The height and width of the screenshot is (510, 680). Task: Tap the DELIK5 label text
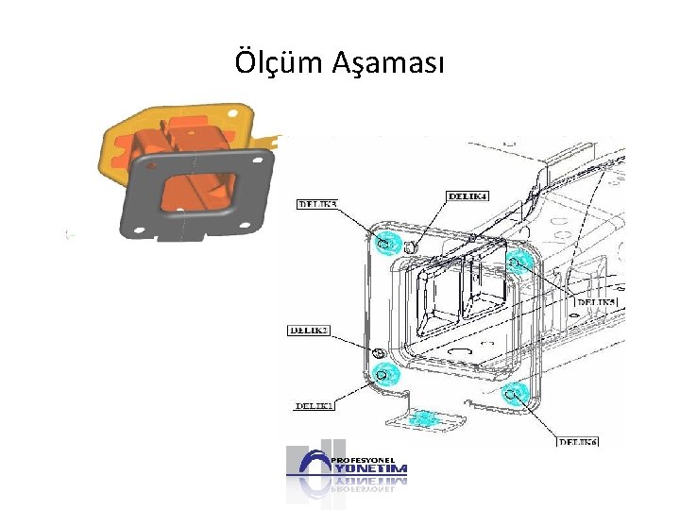coord(596,301)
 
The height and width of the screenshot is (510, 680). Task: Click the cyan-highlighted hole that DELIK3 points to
coord(384,243)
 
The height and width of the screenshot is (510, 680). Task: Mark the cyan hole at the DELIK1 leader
coord(383,374)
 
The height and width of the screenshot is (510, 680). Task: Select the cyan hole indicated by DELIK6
coord(514,393)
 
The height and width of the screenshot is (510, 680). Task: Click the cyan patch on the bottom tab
coord(425,417)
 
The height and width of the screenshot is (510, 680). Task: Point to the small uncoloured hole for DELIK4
coord(411,247)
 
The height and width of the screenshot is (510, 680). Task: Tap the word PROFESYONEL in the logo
coord(362,457)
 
